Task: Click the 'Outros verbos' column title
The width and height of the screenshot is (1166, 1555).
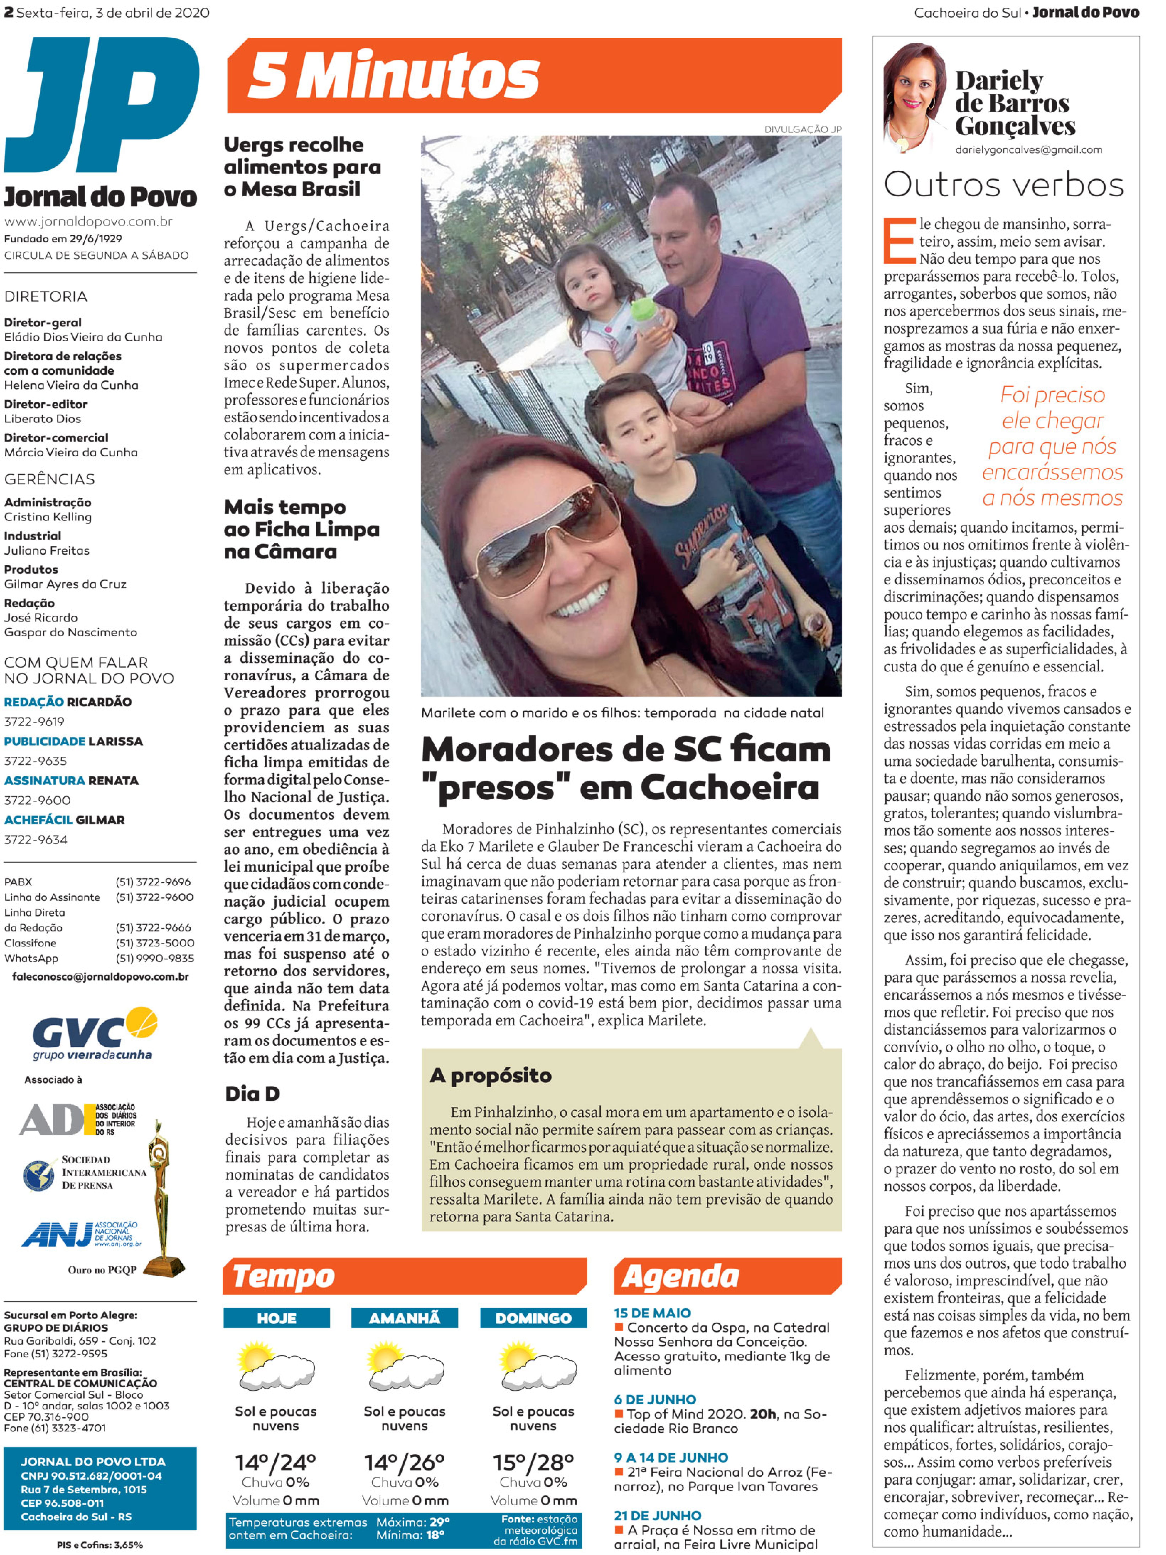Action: (x=1004, y=185)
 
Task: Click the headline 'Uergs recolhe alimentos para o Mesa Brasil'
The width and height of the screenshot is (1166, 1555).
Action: (x=302, y=167)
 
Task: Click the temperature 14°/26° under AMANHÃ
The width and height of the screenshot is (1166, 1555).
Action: (x=404, y=1462)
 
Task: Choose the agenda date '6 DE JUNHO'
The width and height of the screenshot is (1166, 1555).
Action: (x=655, y=1399)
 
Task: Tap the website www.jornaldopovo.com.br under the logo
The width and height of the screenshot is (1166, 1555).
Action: (x=89, y=221)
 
